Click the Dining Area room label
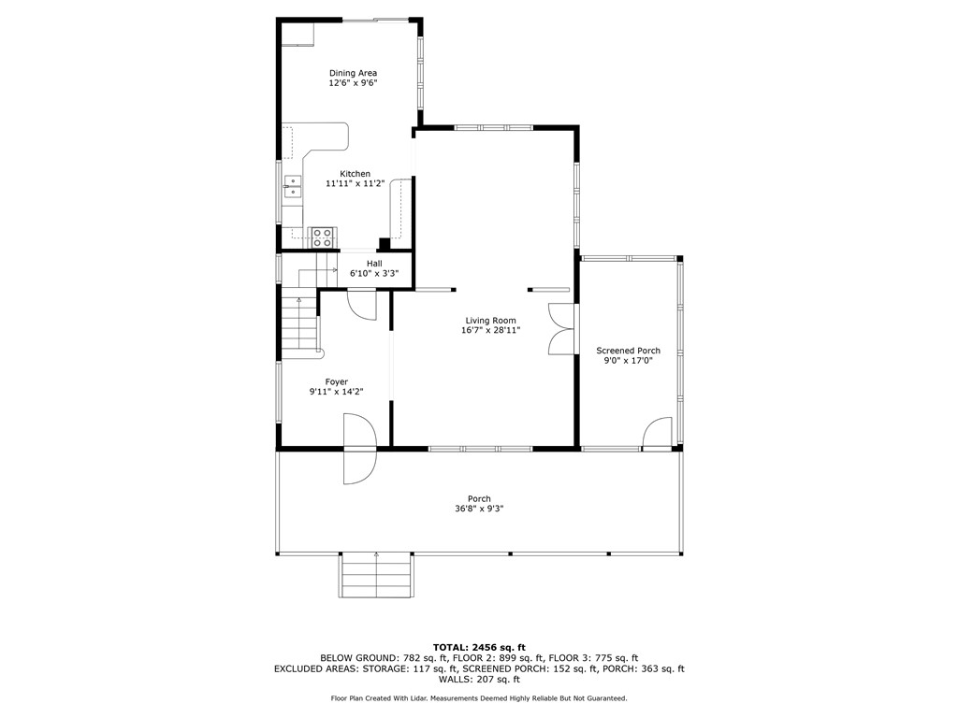point(353,73)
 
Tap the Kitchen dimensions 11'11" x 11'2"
point(355,184)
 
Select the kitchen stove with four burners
point(323,237)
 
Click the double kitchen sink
point(293,187)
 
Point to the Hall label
point(373,264)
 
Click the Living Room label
point(490,321)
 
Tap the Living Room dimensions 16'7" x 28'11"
point(490,330)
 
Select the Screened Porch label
point(628,351)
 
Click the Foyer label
point(336,381)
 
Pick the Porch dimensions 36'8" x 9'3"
point(479,509)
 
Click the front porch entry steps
point(376,574)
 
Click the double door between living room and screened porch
point(559,329)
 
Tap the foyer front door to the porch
point(359,451)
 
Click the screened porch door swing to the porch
point(659,435)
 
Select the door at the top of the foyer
point(361,305)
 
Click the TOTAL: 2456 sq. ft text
point(479,647)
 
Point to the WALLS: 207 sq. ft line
point(479,680)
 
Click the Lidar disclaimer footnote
point(479,698)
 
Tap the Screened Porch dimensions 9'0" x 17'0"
point(628,362)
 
